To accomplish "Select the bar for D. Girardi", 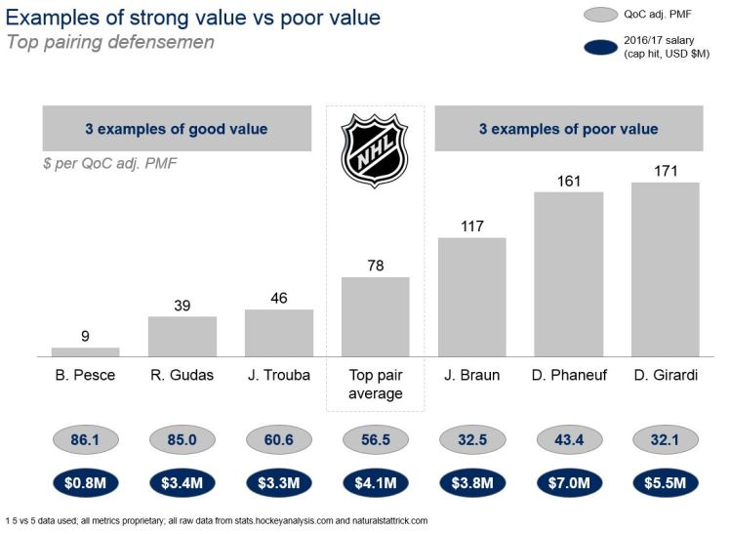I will tap(665, 269).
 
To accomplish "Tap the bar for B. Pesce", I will tap(85, 351).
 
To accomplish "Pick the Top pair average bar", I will tap(375, 316).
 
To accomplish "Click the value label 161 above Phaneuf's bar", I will tap(568, 181).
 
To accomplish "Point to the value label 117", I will tap(471, 226).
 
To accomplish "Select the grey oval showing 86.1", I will tap(85, 440).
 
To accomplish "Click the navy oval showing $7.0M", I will tap(568, 481).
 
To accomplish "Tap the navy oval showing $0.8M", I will tap(85, 481).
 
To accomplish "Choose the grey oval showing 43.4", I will tap(568, 440).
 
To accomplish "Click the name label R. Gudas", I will tap(182, 376).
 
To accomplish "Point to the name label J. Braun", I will tap(471, 376).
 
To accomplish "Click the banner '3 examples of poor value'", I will tap(567, 129).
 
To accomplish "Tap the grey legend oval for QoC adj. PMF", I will tap(583, 15).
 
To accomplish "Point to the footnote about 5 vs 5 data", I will tap(216, 520).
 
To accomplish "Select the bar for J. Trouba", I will tap(278, 333).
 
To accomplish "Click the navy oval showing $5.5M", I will tap(665, 481).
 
